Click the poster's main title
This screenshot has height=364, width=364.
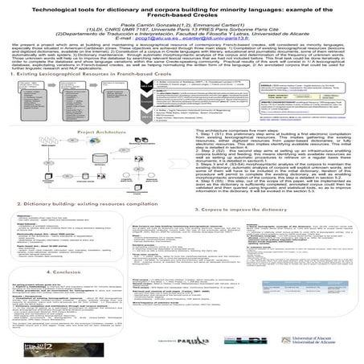coord(182,10)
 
